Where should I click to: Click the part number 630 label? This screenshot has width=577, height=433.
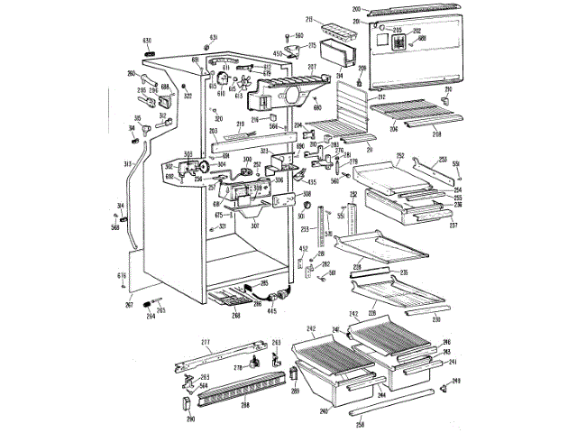tap(147, 41)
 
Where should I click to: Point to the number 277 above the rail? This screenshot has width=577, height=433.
tap(205, 343)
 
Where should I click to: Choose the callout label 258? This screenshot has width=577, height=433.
tap(361, 424)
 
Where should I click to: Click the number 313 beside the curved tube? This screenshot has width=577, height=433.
tap(128, 163)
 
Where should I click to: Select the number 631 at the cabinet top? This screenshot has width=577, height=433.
tap(215, 37)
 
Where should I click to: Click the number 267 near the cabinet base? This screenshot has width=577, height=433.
tap(129, 306)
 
